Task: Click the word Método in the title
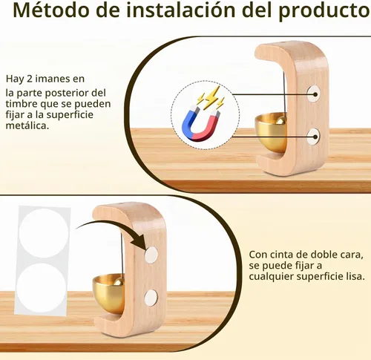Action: pos(50,10)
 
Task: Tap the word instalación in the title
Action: pos(181,10)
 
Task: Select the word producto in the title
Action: pos(324,11)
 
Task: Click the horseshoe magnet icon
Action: pos(201,125)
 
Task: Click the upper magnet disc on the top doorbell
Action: pos(314,94)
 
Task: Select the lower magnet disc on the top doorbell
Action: pos(313,137)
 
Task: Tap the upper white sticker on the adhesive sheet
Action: pos(43,233)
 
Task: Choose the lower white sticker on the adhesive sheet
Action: pos(42,288)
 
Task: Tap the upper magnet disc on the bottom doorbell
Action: pos(151,255)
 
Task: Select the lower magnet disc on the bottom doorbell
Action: pos(151,297)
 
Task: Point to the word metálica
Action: pos(27,125)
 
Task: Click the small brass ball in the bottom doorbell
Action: pos(119,283)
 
